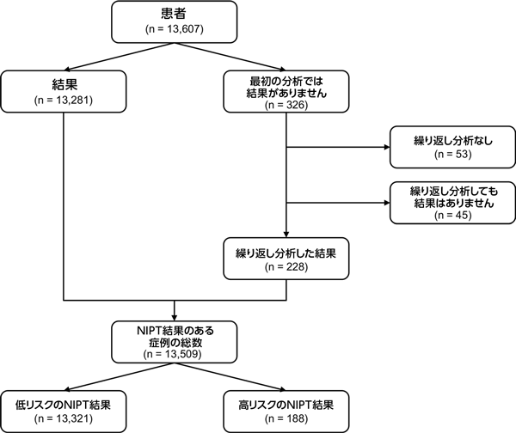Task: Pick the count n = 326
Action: tap(287, 107)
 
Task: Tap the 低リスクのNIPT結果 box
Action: tap(65, 408)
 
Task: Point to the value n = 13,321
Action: tap(65, 418)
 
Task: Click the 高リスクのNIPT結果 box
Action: tap(287, 408)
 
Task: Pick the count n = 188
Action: tap(287, 418)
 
